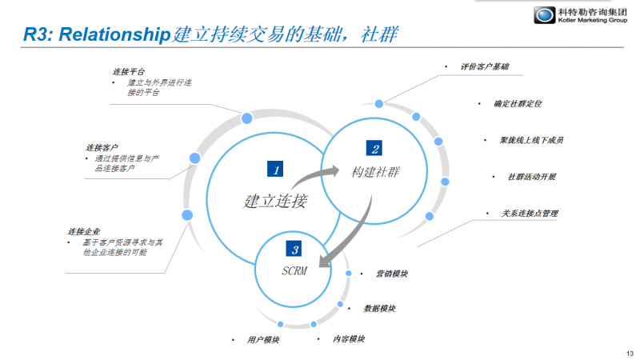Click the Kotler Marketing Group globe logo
click(546, 17)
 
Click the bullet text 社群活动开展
click(532, 177)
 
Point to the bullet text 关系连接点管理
click(529, 214)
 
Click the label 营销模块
click(392, 274)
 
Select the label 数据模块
click(379, 308)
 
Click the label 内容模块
click(350, 339)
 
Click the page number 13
click(629, 354)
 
